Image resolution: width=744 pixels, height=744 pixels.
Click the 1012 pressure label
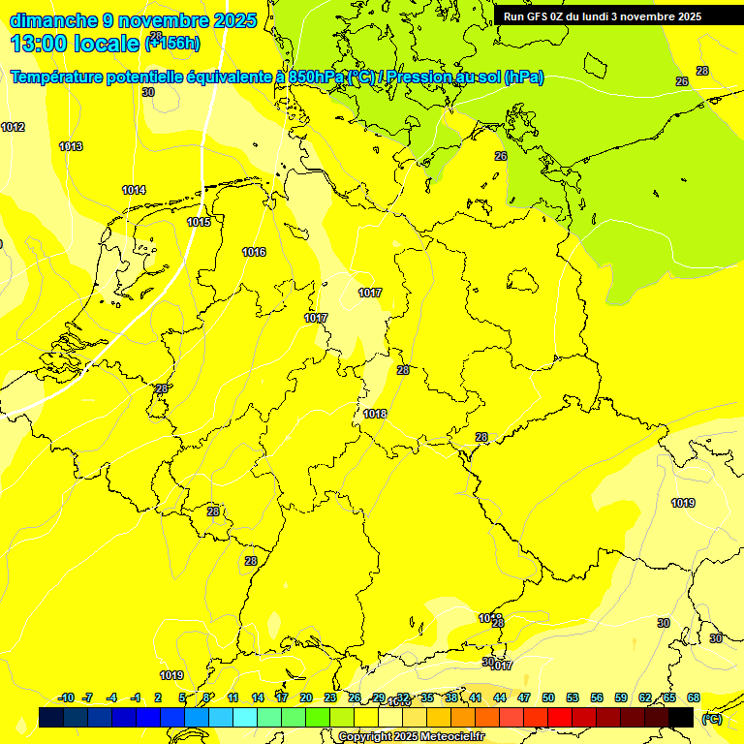pyautogui.click(x=13, y=128)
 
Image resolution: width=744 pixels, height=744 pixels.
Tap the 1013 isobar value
pyautogui.click(x=71, y=147)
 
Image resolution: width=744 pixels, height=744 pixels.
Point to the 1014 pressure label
pyautogui.click(x=134, y=191)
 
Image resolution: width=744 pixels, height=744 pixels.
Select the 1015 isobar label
pyautogui.click(x=199, y=223)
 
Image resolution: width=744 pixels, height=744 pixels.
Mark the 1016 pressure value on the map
pyautogui.click(x=254, y=253)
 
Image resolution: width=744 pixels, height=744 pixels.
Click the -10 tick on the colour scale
pyautogui.click(x=66, y=697)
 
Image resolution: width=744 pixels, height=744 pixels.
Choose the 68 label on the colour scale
pyautogui.click(x=694, y=697)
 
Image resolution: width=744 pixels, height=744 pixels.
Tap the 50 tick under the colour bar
pyautogui.click(x=548, y=697)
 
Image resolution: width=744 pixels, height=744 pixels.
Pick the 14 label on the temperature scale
pyautogui.click(x=258, y=697)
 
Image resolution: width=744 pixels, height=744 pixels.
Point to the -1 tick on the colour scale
pyautogui.click(x=136, y=697)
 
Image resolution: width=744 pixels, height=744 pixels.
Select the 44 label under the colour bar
pyautogui.click(x=500, y=697)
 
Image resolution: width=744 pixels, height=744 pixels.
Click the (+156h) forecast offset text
pyautogui.click(x=171, y=44)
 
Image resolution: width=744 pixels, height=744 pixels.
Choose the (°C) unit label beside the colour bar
pyautogui.click(x=711, y=719)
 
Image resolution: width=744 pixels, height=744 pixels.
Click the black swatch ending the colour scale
pyautogui.click(x=681, y=717)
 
